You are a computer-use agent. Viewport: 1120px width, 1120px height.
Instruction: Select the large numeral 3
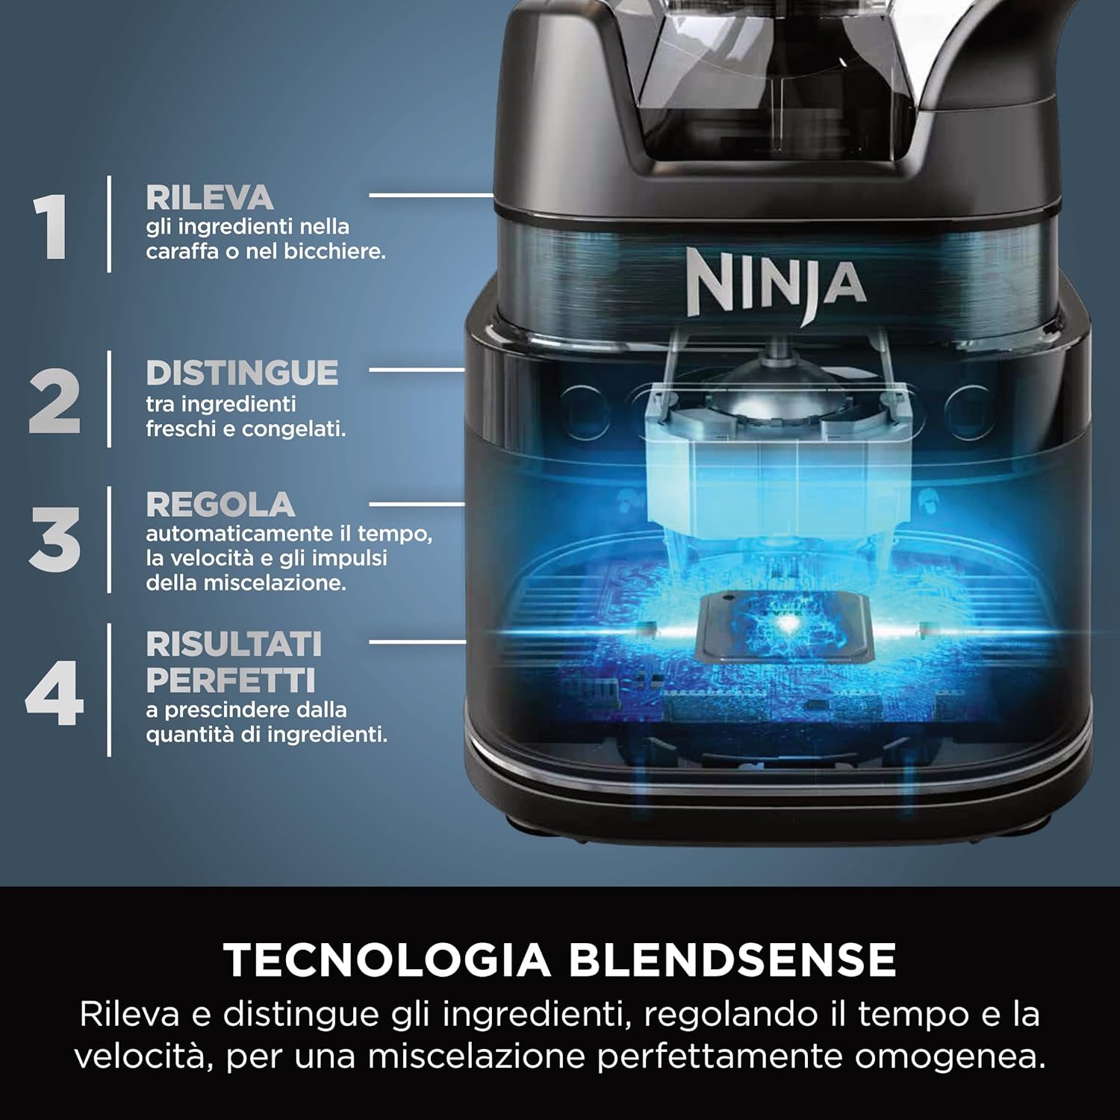pos(55,539)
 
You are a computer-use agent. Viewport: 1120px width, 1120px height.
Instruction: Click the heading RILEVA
pos(210,198)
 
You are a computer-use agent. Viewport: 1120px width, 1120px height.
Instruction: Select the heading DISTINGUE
pos(242,373)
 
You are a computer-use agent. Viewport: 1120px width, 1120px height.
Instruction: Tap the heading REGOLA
pos(220,505)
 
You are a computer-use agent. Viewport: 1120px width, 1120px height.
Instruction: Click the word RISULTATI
pos(234,644)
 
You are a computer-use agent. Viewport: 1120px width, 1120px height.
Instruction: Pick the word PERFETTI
pos(231,680)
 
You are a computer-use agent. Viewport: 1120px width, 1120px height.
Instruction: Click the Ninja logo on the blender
pos(776,284)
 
